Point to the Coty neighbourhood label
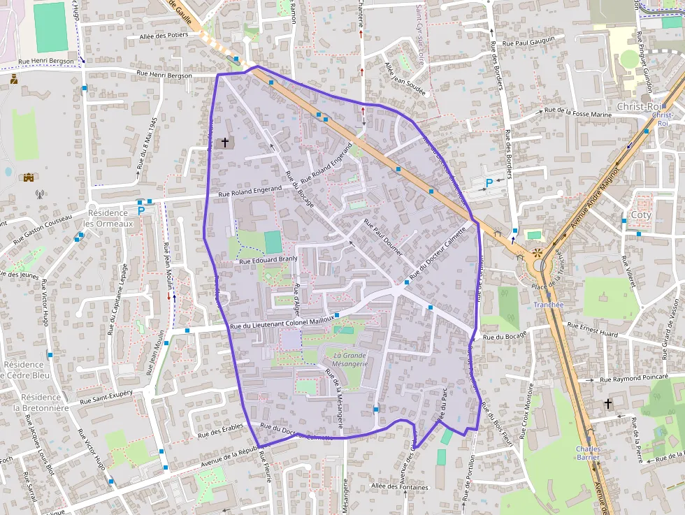point(640,215)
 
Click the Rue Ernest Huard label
point(592,329)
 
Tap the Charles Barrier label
point(588,454)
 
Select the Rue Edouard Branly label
point(268,260)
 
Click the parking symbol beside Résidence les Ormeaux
point(141,210)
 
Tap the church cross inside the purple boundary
point(225,143)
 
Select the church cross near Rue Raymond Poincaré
point(608,403)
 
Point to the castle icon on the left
point(29,177)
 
